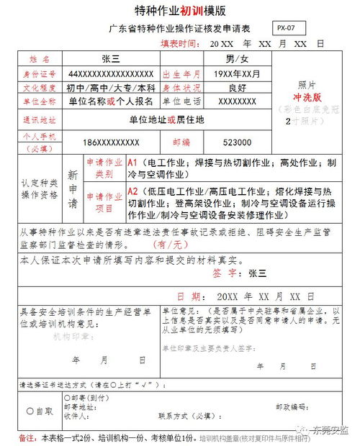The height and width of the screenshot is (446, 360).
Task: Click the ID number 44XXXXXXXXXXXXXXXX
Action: [111, 74]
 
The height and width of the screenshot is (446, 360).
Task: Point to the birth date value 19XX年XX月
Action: [237, 74]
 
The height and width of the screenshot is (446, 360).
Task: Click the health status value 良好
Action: [237, 88]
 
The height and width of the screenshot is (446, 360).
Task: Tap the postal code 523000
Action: [237, 142]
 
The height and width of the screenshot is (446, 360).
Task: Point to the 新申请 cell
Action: [72, 188]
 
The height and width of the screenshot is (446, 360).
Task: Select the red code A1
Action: [132, 163]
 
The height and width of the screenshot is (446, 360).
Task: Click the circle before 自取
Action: [30, 411]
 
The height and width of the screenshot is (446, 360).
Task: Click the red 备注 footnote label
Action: [27, 437]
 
